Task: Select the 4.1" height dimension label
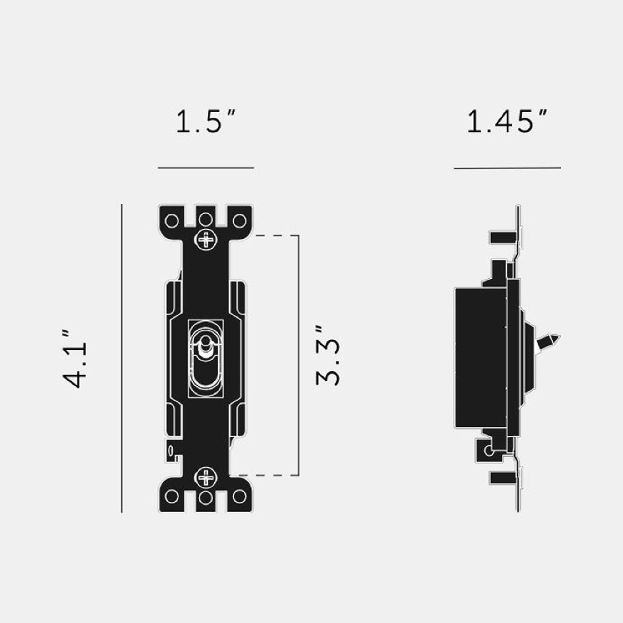pyautogui.click(x=75, y=359)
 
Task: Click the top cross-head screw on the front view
pyautogui.click(x=206, y=240)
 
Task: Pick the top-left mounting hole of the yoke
pyautogui.click(x=172, y=221)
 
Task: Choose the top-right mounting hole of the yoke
pyautogui.click(x=239, y=221)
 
